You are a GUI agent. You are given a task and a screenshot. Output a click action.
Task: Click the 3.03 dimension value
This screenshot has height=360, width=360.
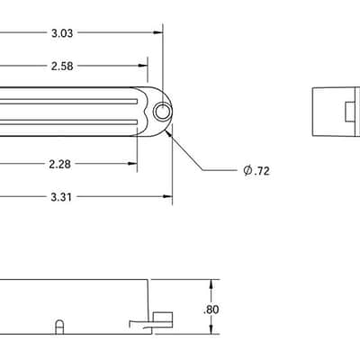pyautogui.click(x=62, y=33)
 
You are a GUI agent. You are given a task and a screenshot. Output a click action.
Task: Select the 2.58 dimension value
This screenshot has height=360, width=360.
pyautogui.click(x=62, y=66)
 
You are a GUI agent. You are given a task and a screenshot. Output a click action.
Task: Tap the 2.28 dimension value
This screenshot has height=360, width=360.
pyautogui.click(x=60, y=164)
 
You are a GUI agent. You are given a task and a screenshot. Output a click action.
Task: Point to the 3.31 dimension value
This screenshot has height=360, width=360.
pyautogui.click(x=61, y=197)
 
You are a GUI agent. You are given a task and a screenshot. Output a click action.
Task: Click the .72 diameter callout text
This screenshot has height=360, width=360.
pyautogui.click(x=262, y=171)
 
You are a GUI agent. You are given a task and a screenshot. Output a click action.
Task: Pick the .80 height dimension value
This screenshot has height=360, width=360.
pyautogui.click(x=211, y=310)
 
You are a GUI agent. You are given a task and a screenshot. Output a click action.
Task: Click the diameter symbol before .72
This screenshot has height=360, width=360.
pyautogui.click(x=247, y=170)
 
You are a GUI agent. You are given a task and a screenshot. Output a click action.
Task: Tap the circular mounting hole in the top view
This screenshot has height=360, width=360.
pyautogui.click(x=163, y=112)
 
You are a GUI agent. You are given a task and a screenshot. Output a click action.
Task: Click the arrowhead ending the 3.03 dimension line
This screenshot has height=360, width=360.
pyautogui.click(x=158, y=32)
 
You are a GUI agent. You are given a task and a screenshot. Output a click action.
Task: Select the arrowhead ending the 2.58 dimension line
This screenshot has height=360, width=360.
pyautogui.click(x=143, y=66)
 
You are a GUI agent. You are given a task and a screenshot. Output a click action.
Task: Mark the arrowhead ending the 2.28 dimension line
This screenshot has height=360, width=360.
pyautogui.click(x=132, y=164)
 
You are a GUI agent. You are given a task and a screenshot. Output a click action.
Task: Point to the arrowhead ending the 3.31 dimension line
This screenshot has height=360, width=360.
pyautogui.click(x=167, y=196)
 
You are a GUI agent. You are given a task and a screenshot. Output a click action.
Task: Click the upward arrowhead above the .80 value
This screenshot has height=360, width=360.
pyautogui.click(x=211, y=284)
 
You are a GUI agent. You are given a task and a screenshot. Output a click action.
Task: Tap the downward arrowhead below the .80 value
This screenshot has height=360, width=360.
pyautogui.click(x=211, y=329)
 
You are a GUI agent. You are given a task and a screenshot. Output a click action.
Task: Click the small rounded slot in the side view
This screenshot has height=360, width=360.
pyautogui.click(x=59, y=327)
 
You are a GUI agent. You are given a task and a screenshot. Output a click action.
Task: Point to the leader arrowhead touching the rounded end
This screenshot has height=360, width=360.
pyautogui.click(x=169, y=132)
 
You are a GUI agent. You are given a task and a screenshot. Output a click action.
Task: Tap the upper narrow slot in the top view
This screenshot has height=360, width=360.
pyautogui.click(x=68, y=102)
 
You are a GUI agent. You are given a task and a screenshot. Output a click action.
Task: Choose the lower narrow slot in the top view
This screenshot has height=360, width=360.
pyautogui.click(x=68, y=121)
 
